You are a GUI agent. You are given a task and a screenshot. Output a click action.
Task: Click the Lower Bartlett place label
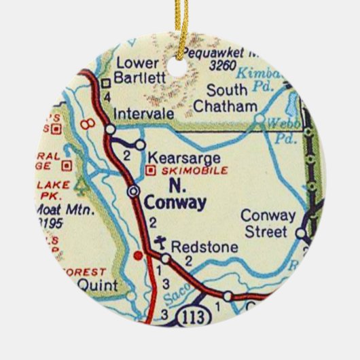(140, 71)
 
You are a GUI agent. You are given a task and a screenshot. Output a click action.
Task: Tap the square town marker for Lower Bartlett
(106, 84)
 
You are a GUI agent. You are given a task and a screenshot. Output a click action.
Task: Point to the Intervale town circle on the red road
(109, 128)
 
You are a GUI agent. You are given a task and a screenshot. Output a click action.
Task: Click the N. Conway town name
(176, 194)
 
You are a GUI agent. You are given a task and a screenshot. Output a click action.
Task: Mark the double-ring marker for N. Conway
(134, 192)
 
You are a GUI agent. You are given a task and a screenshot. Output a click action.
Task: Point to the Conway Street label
(269, 224)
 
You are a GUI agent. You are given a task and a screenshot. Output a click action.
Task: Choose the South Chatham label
(226, 98)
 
